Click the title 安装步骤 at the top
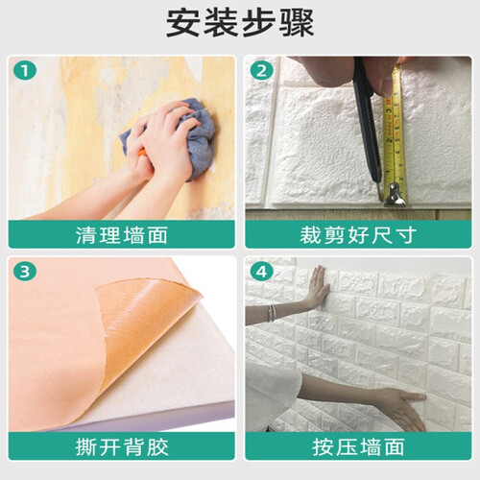point(240,23)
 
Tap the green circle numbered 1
point(25,71)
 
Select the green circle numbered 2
point(262,71)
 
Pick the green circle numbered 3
point(25,272)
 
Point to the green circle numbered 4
point(262,272)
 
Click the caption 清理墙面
point(122,235)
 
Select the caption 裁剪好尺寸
point(358,235)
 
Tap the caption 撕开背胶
point(122,446)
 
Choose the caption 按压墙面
point(358,446)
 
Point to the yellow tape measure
point(396,134)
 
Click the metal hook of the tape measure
point(396,195)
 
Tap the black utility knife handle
point(366,122)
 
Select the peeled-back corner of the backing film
point(144,320)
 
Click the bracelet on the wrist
point(272,313)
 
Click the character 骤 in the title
point(298,23)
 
